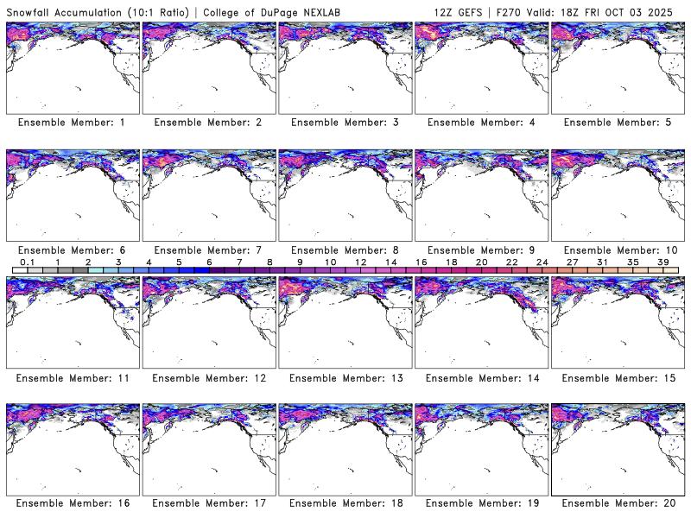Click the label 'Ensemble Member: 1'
tap(72, 123)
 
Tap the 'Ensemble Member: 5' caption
tap(617, 123)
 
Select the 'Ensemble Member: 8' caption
tap(344, 250)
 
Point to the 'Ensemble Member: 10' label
tap(617, 250)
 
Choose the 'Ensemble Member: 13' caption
tap(344, 377)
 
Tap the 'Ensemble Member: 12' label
tap(207, 377)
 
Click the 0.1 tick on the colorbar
tap(28, 262)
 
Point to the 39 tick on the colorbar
tap(664, 262)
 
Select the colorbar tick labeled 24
tap(542, 262)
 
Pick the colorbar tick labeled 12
tap(361, 262)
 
